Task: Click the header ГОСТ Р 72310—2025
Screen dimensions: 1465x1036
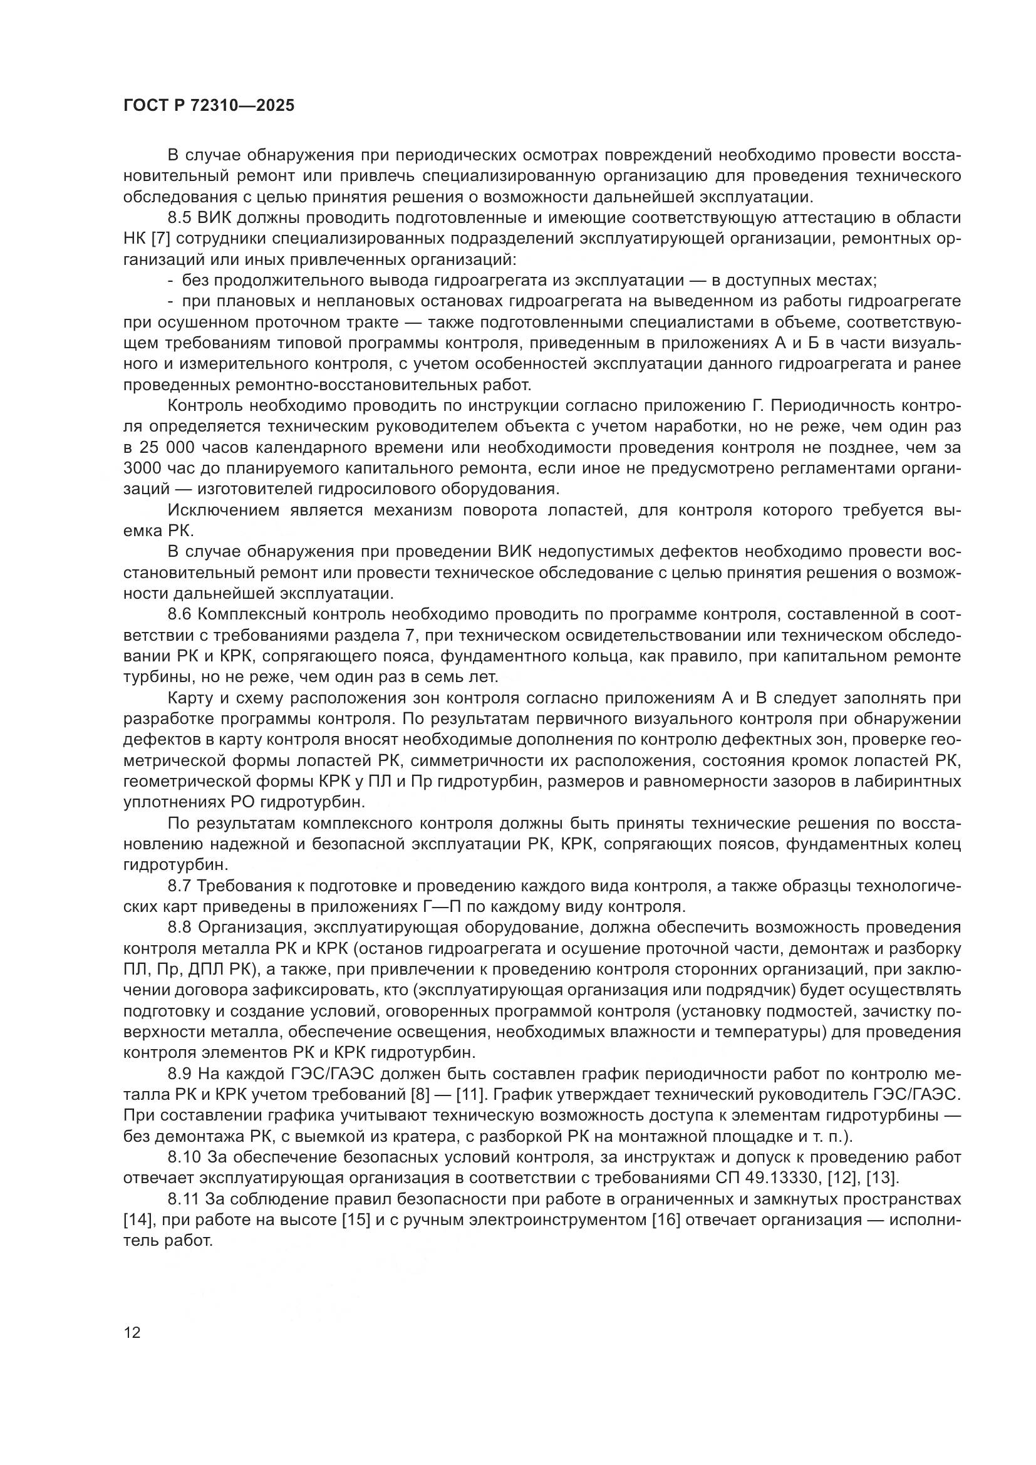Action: tap(209, 106)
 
